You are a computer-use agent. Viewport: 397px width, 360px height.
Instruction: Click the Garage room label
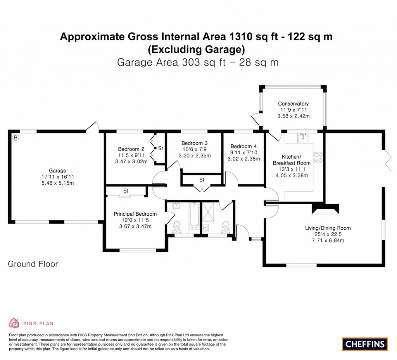click(57, 170)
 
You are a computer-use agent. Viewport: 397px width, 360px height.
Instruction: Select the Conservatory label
click(293, 104)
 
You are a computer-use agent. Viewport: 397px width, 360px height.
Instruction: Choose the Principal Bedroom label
click(135, 214)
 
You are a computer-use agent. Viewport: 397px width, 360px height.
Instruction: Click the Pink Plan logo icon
click(14, 323)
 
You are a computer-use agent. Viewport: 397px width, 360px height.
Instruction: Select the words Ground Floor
click(33, 264)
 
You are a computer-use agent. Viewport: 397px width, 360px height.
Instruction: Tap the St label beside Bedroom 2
click(160, 148)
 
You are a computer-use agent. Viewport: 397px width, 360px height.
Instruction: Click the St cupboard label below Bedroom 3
click(202, 180)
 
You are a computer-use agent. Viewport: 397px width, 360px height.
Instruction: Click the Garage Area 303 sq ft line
click(198, 62)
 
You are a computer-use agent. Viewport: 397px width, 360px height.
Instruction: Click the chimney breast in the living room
click(326, 209)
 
